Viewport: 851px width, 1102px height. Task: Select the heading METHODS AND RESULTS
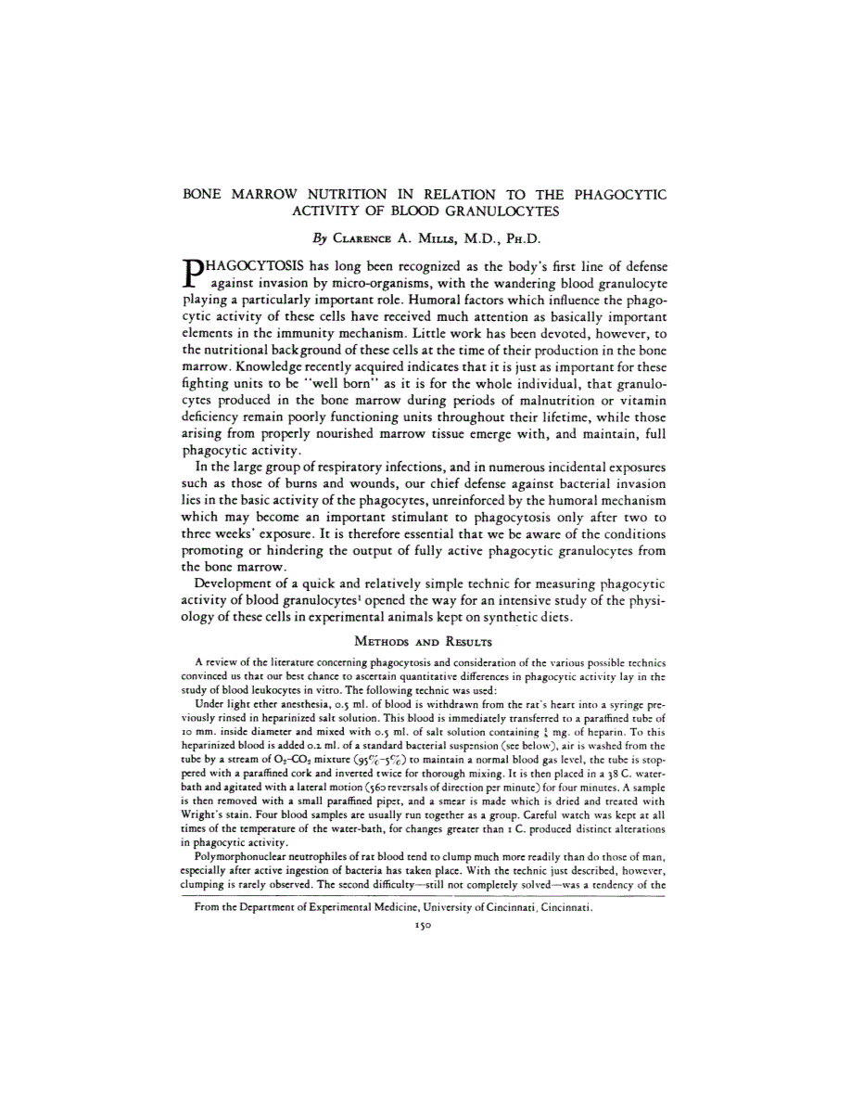(425, 641)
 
